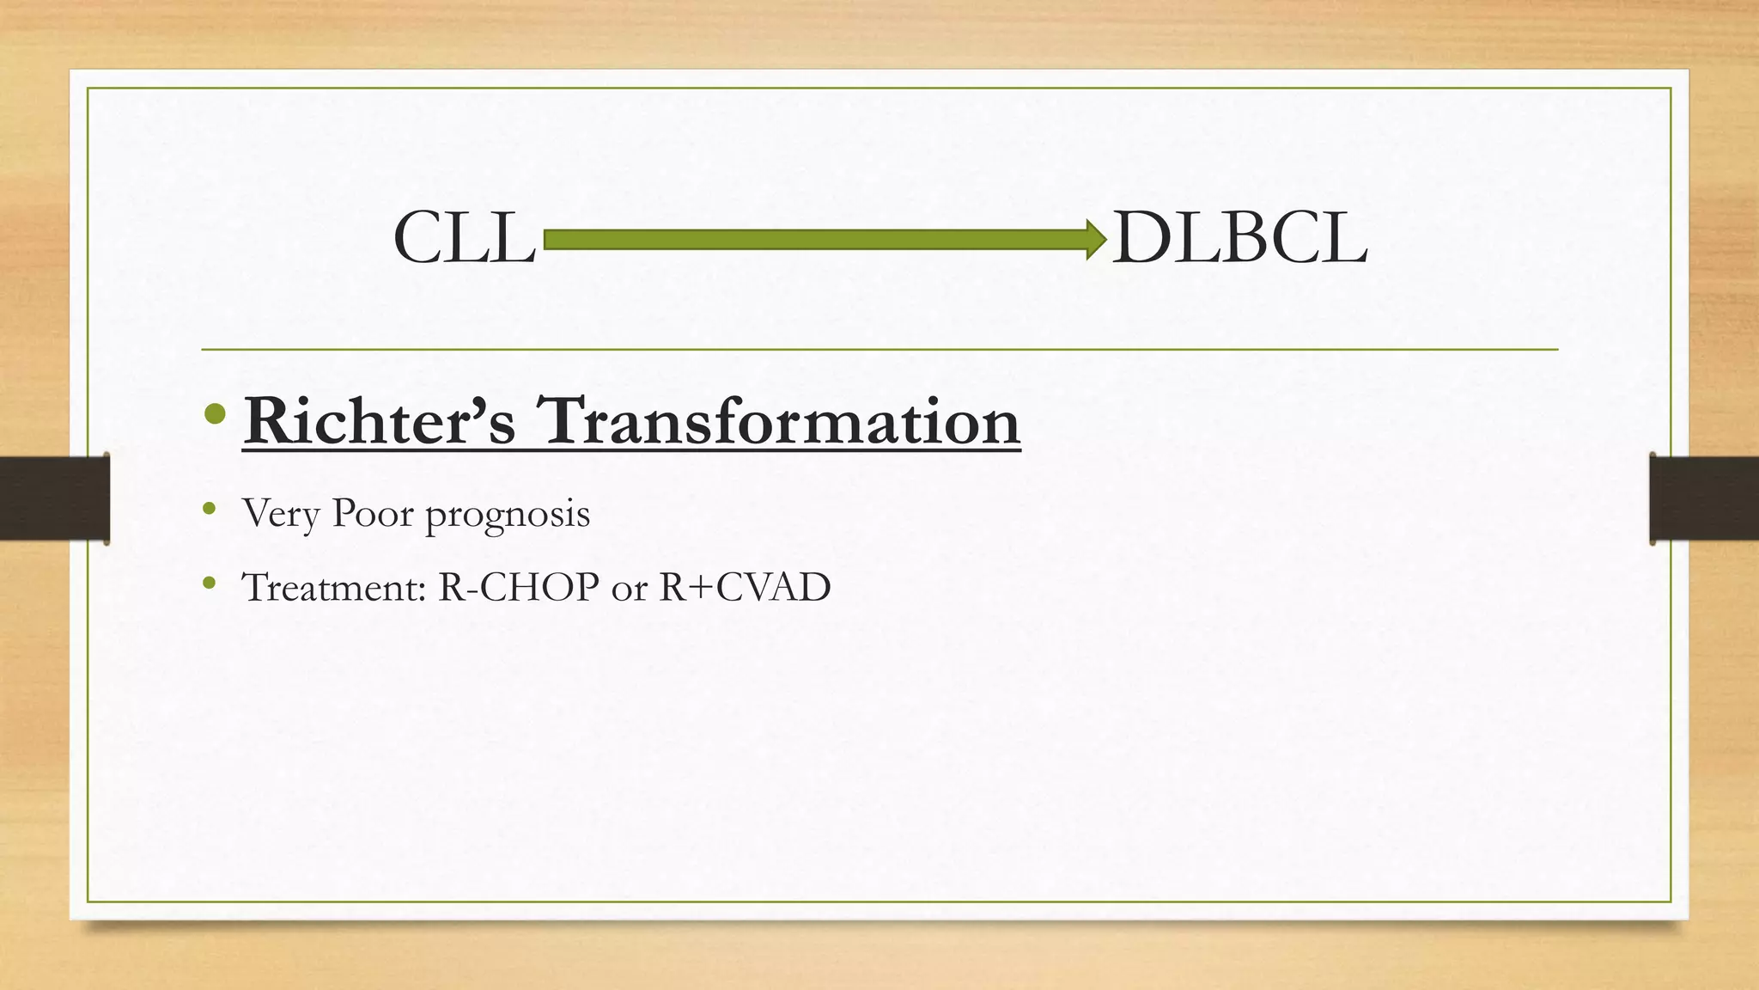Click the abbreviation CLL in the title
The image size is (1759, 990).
coord(464,239)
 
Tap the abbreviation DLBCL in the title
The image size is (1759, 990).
coord(1239,239)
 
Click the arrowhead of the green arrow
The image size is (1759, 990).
coord(1096,239)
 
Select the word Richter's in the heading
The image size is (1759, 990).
coord(379,421)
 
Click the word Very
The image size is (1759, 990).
coord(281,515)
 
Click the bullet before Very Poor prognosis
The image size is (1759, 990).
coord(209,510)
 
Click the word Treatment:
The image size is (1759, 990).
coord(335,588)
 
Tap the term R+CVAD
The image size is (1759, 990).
coord(745,588)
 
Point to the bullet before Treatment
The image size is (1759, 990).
coord(209,584)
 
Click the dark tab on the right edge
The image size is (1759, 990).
coord(1704,498)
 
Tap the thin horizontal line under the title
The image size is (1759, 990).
coord(879,350)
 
